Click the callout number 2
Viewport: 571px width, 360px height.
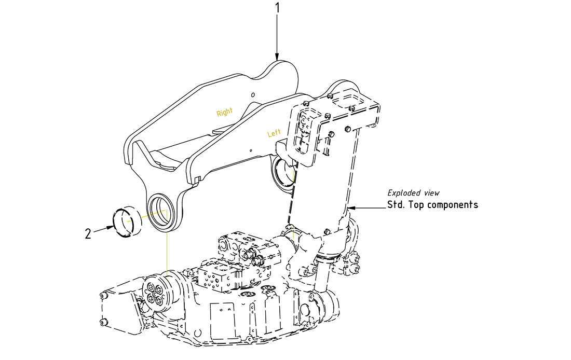pyautogui.click(x=88, y=234)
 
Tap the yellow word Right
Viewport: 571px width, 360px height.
pyautogui.click(x=225, y=112)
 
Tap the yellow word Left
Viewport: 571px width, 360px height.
pyautogui.click(x=274, y=133)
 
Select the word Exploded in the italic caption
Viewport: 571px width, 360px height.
pyautogui.click(x=404, y=193)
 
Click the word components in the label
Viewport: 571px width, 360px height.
pyautogui.click(x=452, y=205)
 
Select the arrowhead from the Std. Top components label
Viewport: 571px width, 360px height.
pyautogui.click(x=350, y=207)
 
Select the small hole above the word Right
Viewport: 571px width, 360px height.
pyautogui.click(x=252, y=95)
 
